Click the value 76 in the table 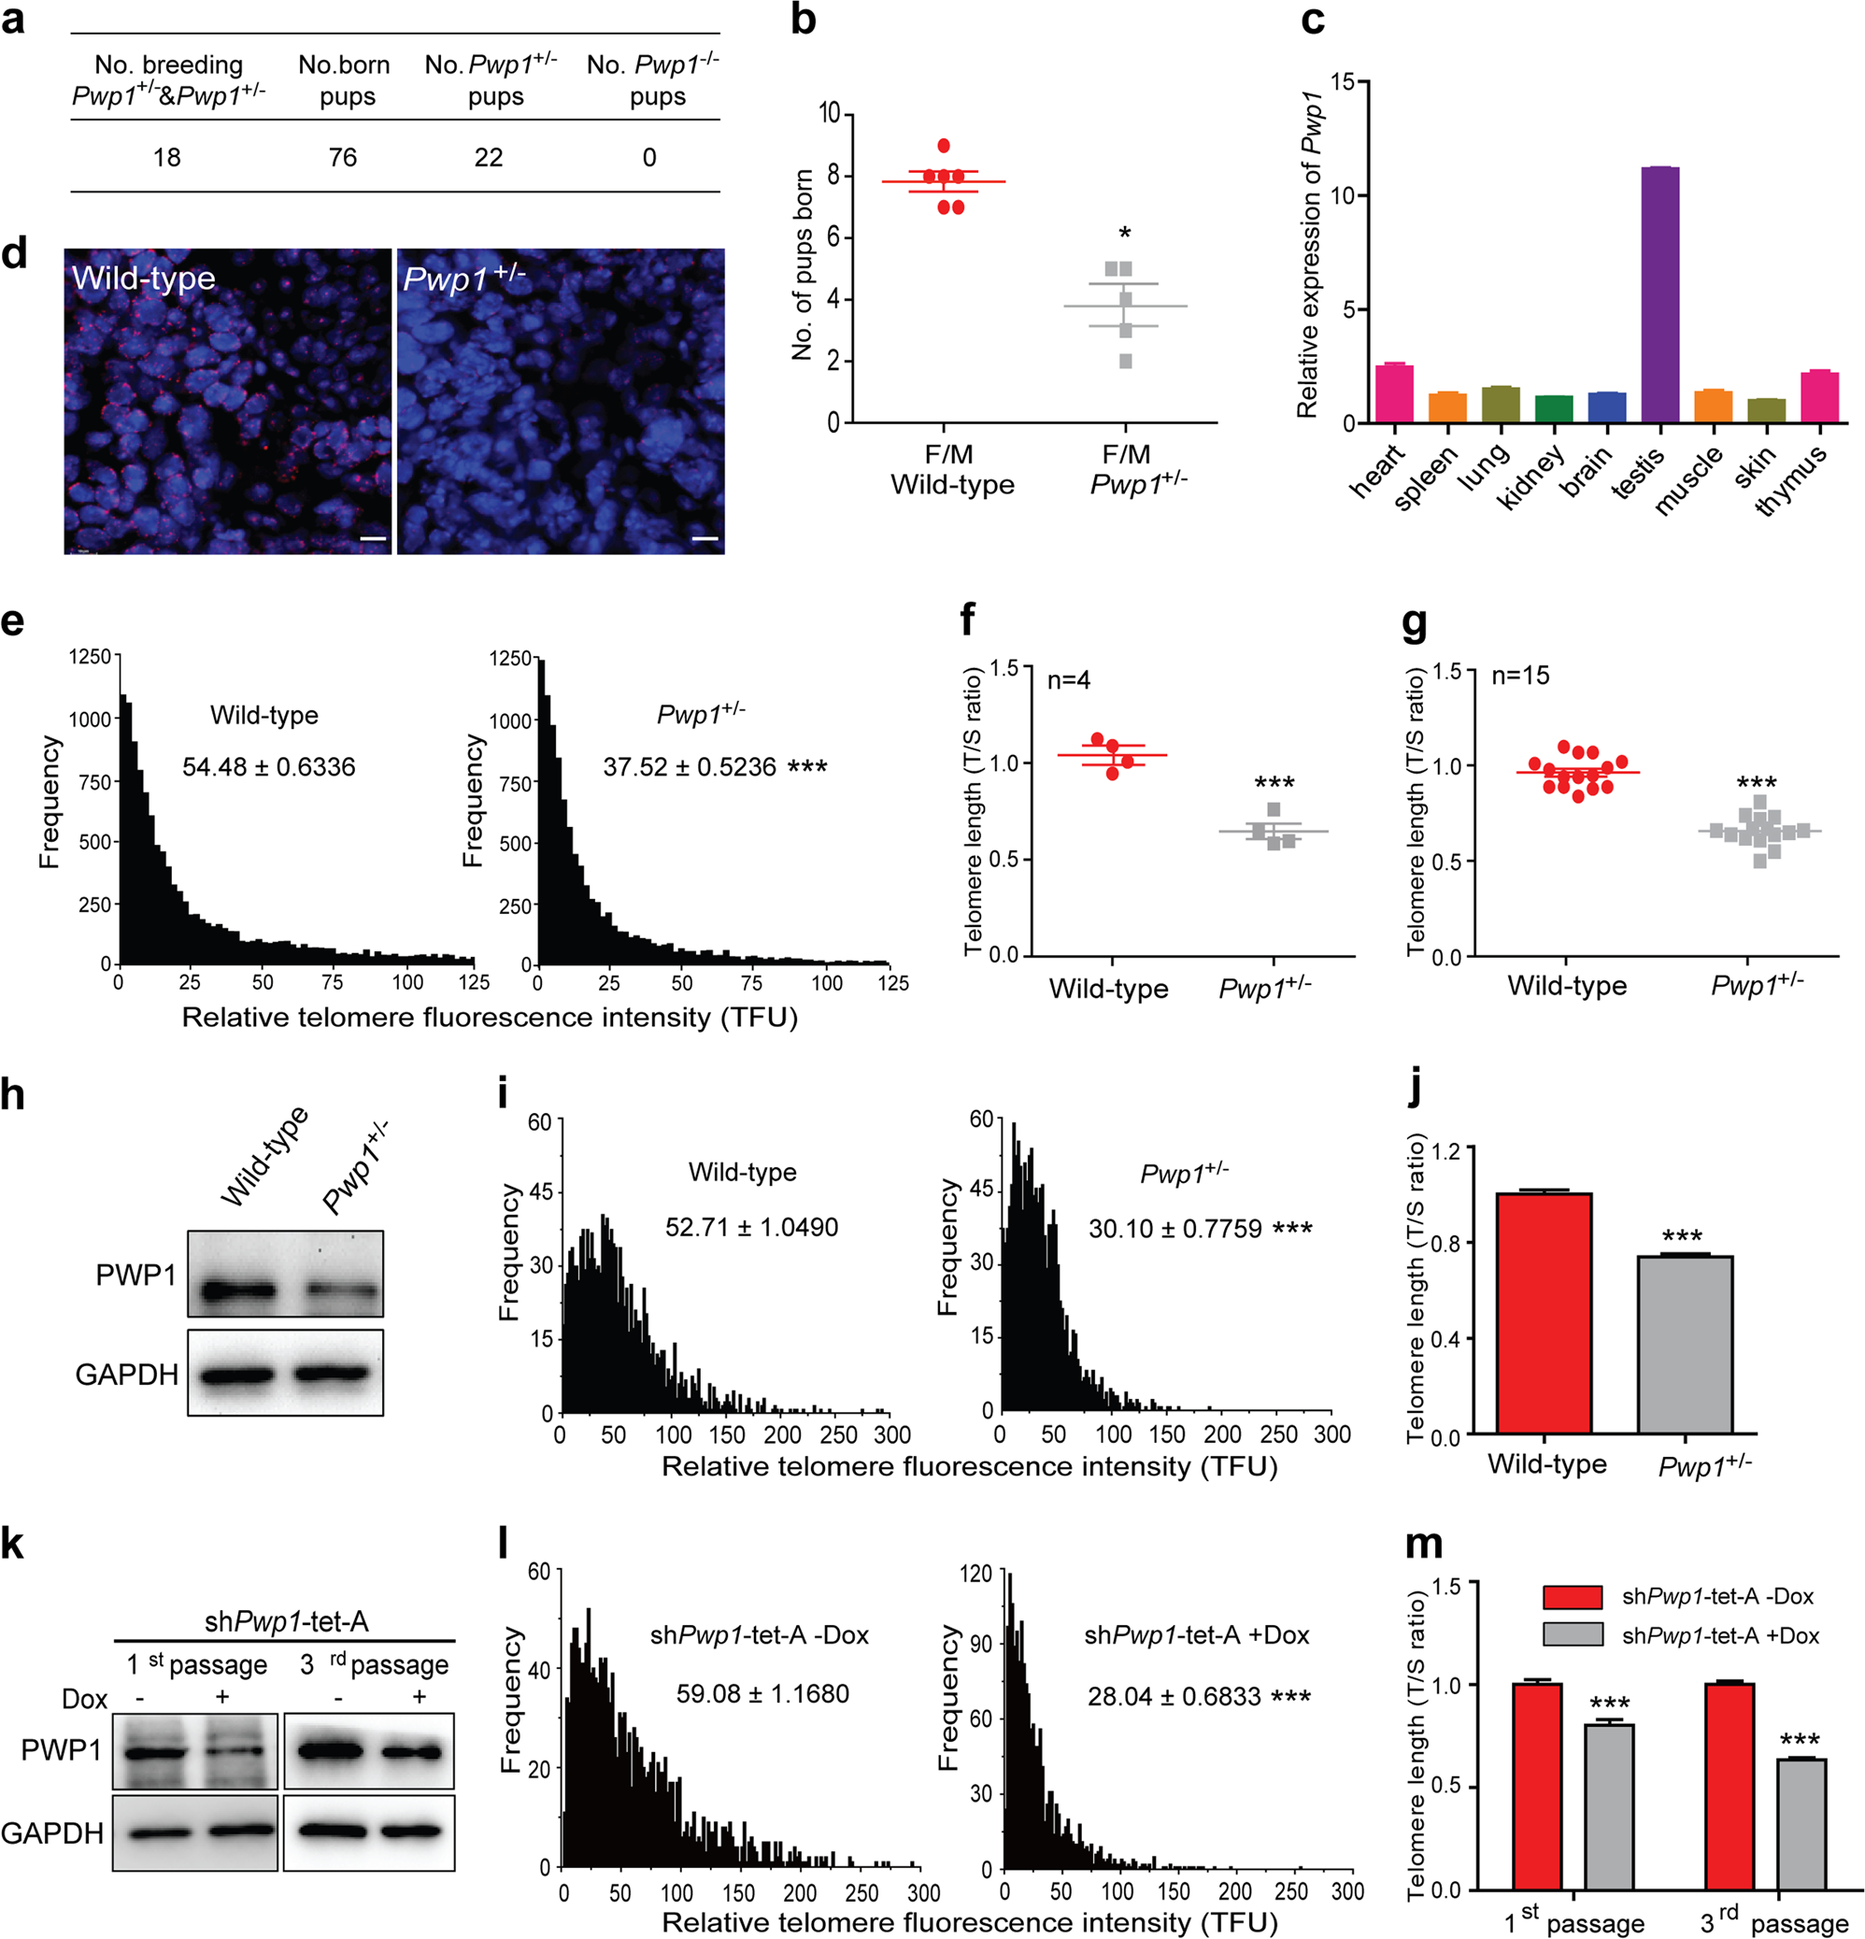click(342, 157)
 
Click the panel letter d click(14, 253)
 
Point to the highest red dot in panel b click(944, 147)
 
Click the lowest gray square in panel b click(1126, 362)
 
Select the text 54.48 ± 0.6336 click(268, 766)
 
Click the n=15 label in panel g click(1521, 676)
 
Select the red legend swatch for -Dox click(1573, 1597)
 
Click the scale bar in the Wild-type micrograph click(372, 539)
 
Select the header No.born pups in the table click(344, 80)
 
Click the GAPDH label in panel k click(52, 1833)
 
